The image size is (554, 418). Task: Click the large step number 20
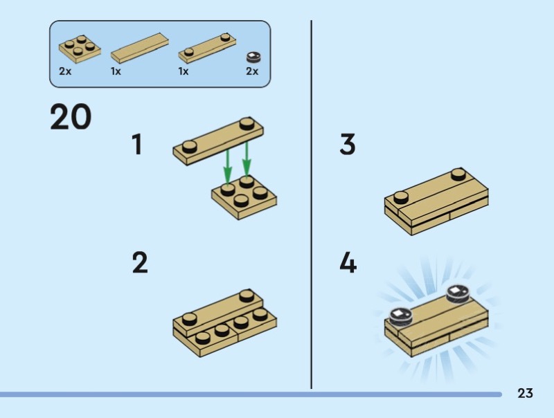[71, 116]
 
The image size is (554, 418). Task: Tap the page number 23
[525, 393]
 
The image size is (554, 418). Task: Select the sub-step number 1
[137, 144]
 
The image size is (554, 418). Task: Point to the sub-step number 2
[140, 262]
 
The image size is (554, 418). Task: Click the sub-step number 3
[348, 144]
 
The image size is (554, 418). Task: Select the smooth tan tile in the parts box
[140, 48]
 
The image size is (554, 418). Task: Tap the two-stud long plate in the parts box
[207, 48]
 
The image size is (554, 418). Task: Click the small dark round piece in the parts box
[253, 57]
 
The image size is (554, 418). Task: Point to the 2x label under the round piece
[252, 71]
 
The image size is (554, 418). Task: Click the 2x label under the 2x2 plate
[65, 71]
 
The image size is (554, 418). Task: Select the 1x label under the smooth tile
[116, 71]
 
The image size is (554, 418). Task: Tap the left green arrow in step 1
[228, 167]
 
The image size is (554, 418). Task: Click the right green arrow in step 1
[247, 159]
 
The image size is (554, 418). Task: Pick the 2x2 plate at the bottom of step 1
[244, 197]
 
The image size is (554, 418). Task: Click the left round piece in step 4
[401, 315]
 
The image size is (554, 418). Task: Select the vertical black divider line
[311, 204]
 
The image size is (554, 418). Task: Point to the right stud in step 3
[458, 174]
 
